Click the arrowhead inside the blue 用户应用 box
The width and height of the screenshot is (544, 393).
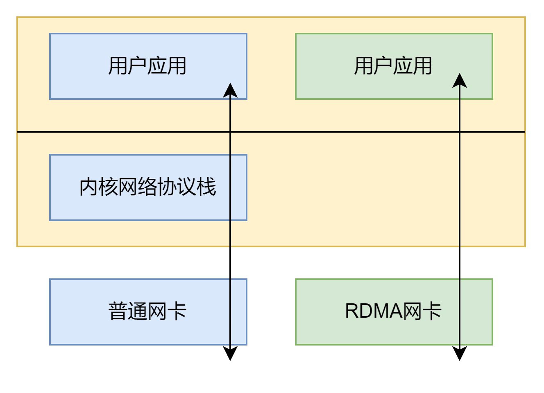[x=230, y=90]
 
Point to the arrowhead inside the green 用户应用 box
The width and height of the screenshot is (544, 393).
[x=460, y=80]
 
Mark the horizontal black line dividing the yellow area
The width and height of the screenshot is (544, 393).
[x=328, y=132]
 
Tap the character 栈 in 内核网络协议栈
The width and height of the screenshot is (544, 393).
[x=206, y=187]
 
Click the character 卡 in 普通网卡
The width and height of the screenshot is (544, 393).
[x=177, y=311]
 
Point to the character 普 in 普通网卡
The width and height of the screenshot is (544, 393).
[x=118, y=311]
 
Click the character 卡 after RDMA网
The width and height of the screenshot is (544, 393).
[x=432, y=311]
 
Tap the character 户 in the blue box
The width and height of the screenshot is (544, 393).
[x=138, y=66]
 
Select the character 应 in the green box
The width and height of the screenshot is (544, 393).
[x=403, y=66]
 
